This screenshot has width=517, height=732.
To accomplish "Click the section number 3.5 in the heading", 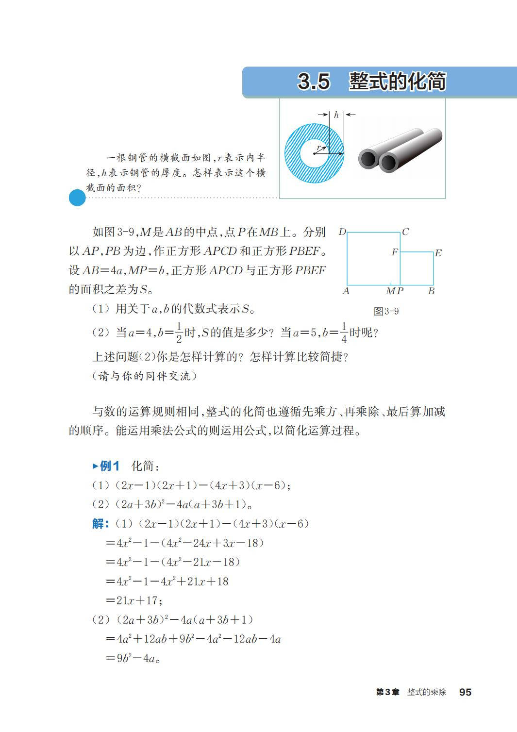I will pos(314,82).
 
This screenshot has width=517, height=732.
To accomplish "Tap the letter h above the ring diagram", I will pos(336,115).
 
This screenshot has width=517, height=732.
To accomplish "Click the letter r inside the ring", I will pos(318,148).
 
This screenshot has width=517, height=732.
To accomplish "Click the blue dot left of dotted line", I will pos(77,198).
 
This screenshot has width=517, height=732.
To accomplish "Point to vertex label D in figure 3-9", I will pos(342,232).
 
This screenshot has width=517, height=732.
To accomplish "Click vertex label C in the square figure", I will pos(405,232).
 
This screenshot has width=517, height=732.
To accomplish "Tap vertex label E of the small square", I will pos(438,253).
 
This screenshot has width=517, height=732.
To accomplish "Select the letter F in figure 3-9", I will pos(395,252).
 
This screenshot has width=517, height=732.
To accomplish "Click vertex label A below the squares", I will pos(346,291).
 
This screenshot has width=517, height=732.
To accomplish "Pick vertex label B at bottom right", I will pos(431,291).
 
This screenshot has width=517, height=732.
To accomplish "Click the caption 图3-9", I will pos(386,311).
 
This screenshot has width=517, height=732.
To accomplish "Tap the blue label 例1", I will pos(109,466).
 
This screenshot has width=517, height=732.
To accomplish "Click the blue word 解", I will pos(100,524).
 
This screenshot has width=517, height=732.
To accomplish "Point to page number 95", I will pos(465,692).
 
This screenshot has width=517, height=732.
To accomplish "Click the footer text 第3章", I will pos(387,692).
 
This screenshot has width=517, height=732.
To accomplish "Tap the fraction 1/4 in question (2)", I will pos(344,333).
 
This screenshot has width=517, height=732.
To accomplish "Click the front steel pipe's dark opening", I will pos(388,162).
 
